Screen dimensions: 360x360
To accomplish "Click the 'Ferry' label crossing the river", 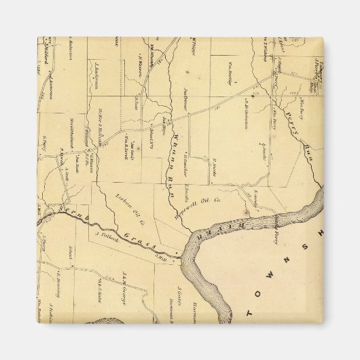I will (276, 228).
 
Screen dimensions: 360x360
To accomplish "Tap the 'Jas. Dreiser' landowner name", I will (185, 98).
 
